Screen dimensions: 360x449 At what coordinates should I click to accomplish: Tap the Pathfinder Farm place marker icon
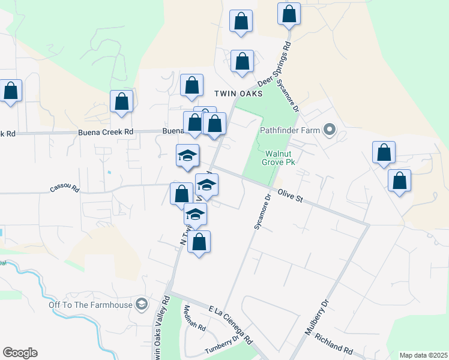click(x=330, y=130)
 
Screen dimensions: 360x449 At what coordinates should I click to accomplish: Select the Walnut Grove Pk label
click(x=279, y=157)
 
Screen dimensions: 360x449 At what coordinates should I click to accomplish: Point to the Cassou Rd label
click(x=64, y=188)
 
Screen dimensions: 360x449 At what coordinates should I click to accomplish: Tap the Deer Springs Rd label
click(x=274, y=64)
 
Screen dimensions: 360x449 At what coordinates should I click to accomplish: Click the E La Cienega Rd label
click(x=231, y=325)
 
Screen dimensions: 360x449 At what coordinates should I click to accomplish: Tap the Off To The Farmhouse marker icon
click(x=141, y=305)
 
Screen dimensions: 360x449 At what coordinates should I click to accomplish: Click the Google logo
click(x=20, y=353)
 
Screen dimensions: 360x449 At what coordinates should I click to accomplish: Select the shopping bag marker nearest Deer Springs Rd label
click(x=242, y=61)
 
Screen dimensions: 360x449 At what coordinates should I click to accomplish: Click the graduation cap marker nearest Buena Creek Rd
click(x=187, y=155)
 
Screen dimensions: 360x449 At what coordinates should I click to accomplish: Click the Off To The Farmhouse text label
click(x=91, y=305)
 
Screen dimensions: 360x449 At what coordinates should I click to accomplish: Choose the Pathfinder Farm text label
click(x=291, y=130)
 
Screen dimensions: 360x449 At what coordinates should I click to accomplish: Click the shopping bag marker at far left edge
click(x=11, y=91)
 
